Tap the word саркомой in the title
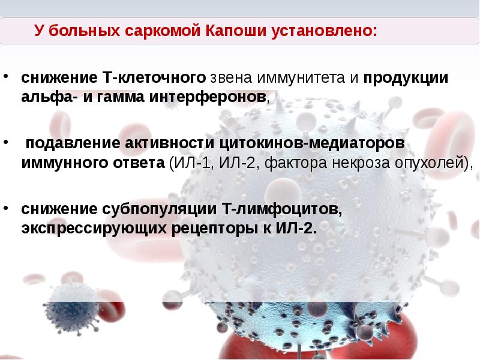[164, 31]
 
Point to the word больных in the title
[88, 31]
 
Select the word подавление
[73, 145]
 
